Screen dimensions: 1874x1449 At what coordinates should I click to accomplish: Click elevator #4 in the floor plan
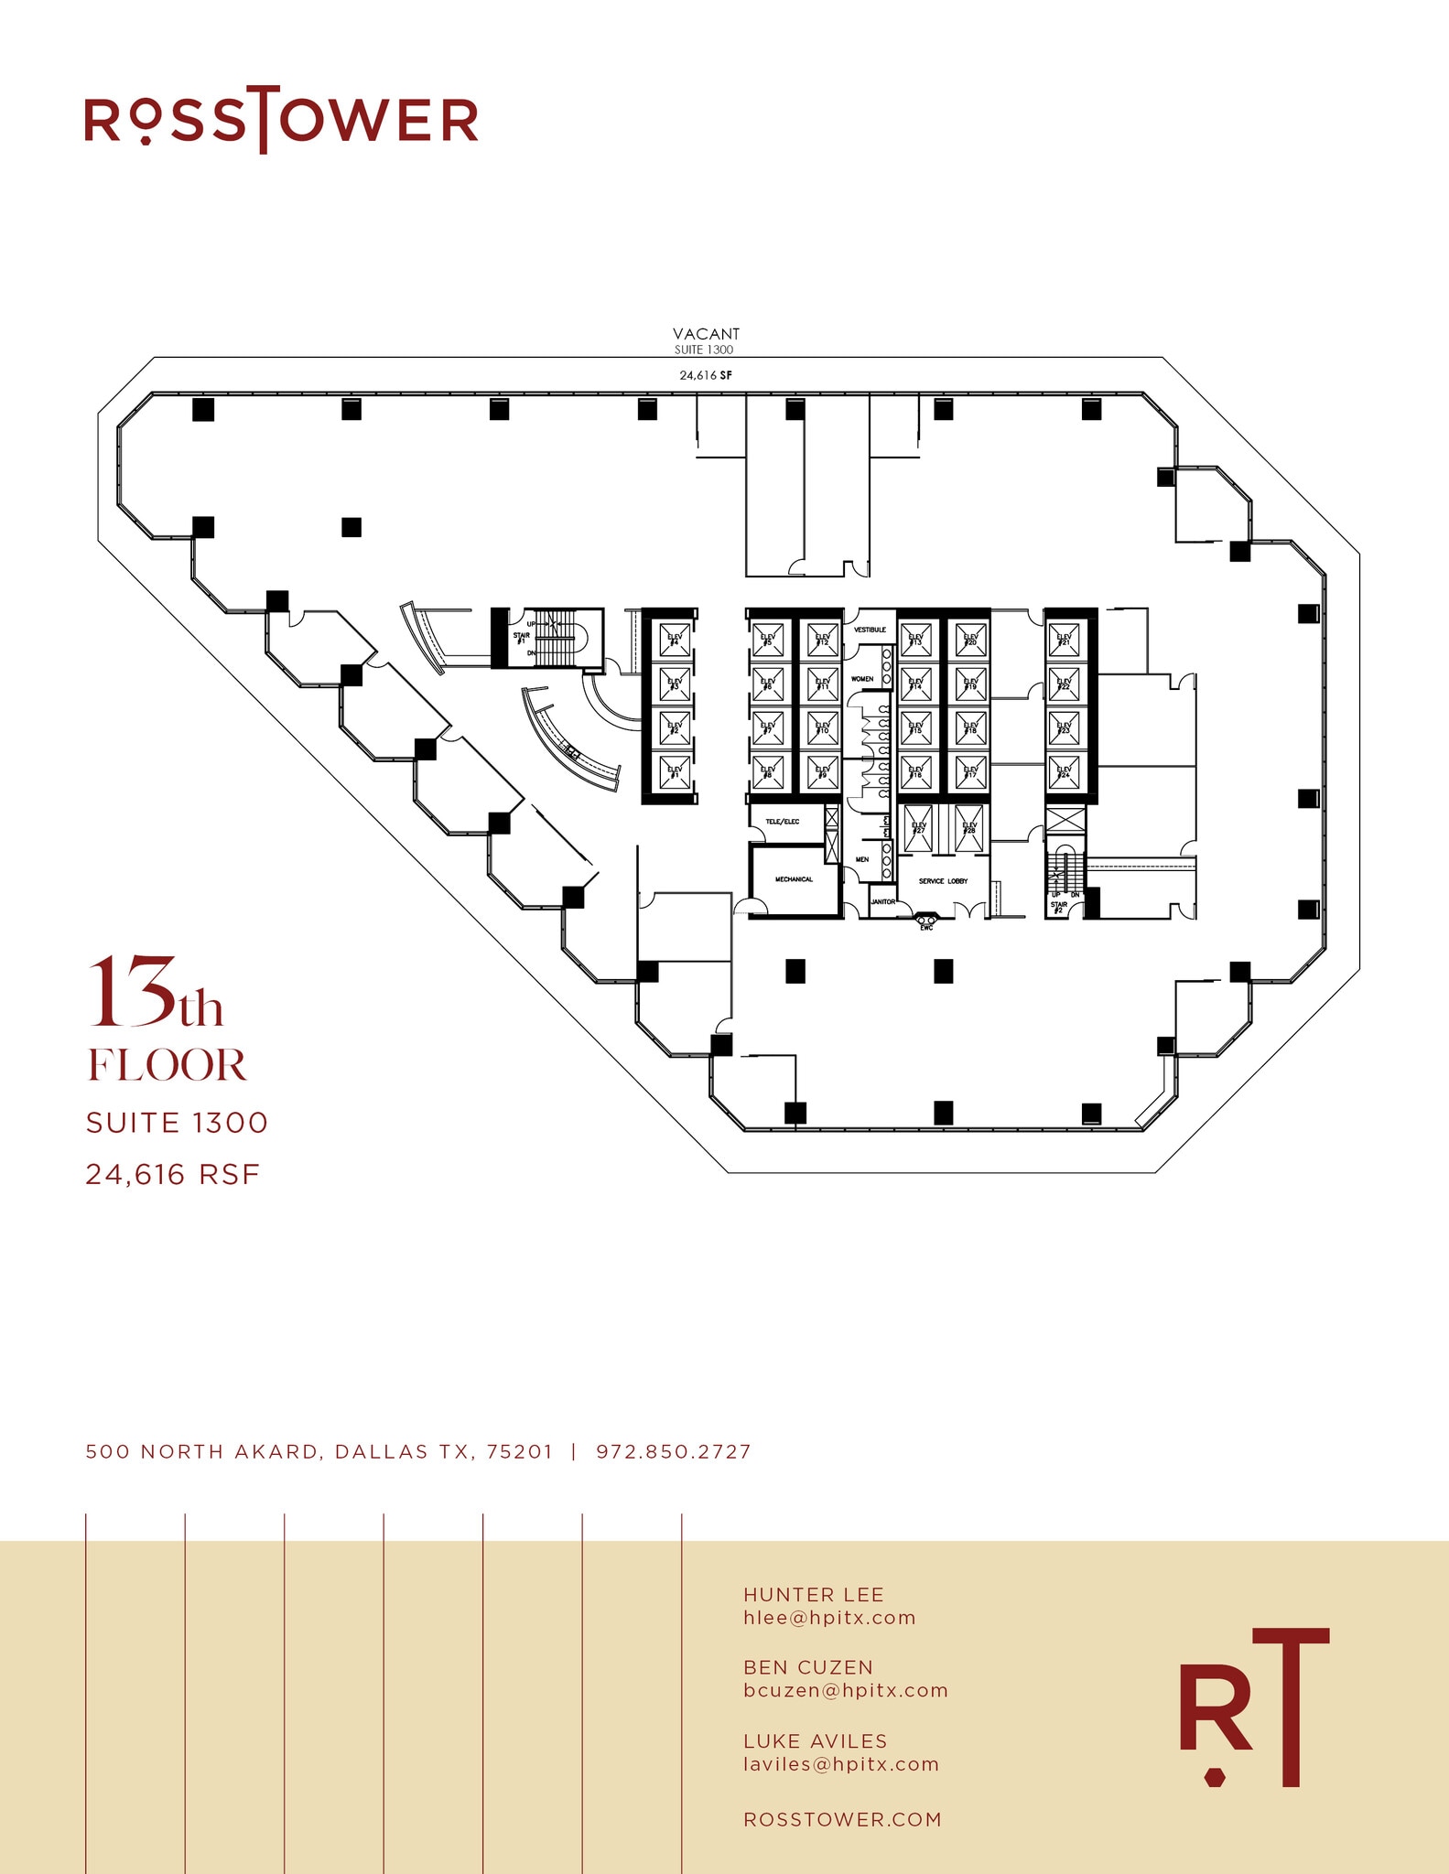click(x=675, y=640)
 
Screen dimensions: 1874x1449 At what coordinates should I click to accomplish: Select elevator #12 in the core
click(x=822, y=640)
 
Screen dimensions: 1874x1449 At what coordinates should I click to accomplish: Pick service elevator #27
click(x=918, y=828)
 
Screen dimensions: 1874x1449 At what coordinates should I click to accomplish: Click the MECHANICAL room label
click(x=794, y=879)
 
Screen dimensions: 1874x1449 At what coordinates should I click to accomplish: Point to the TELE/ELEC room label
click(x=783, y=822)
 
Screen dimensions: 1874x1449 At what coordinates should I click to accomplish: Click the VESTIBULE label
click(x=870, y=630)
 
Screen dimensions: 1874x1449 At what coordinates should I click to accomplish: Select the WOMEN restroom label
click(x=862, y=679)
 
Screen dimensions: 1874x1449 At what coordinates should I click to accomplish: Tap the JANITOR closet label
click(x=882, y=901)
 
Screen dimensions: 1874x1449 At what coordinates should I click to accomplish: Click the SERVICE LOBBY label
click(x=943, y=881)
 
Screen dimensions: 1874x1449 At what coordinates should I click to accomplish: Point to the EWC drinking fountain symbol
click(x=926, y=920)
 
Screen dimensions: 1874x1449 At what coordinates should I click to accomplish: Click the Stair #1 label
click(x=522, y=638)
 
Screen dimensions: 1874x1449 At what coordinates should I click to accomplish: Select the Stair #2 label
click(x=1058, y=907)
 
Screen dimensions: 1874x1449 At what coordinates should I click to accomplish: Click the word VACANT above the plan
click(x=706, y=334)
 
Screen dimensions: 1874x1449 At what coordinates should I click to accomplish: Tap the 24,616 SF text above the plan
click(x=706, y=375)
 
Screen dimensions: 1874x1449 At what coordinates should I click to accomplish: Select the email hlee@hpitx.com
click(x=829, y=1617)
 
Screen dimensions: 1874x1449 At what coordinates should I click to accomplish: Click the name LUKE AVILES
click(x=815, y=1740)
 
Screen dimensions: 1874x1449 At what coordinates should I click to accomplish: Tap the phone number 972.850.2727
click(x=673, y=1451)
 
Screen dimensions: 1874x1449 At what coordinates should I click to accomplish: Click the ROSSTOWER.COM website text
click(x=842, y=1819)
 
